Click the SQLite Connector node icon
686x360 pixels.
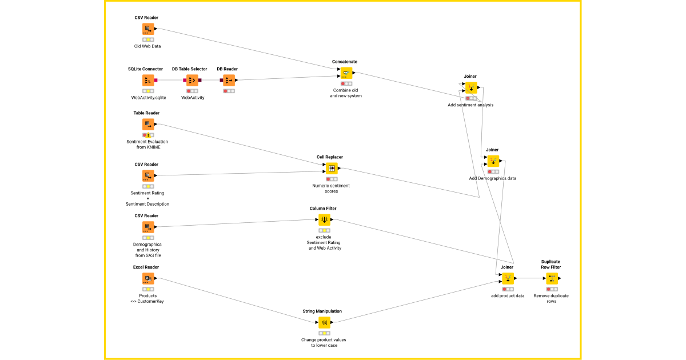148,81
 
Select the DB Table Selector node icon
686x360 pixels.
192,81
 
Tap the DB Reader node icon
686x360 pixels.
229,81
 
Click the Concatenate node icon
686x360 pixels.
346,73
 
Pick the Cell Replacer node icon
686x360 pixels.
332,169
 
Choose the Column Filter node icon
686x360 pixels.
324,220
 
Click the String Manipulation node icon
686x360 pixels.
324,322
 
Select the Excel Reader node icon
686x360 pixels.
148,279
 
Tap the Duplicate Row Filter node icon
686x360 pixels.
552,279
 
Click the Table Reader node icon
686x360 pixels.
148,125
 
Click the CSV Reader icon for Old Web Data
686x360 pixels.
148,29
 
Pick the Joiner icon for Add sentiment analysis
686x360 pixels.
471,88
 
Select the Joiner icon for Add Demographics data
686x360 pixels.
493,161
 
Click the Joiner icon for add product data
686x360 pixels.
507,279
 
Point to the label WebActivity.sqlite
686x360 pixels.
149,98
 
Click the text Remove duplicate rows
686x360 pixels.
551,298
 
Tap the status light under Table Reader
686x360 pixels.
148,135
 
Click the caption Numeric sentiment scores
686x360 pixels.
331,189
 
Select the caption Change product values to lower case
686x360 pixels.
324,342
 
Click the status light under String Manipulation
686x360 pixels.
324,333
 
